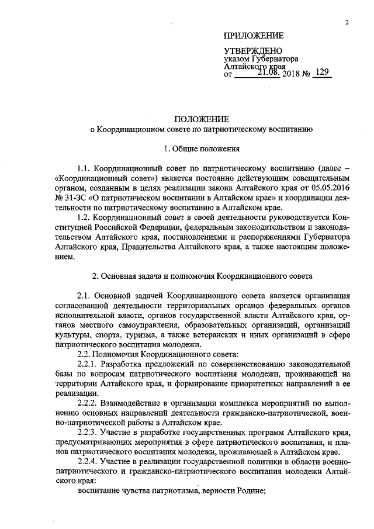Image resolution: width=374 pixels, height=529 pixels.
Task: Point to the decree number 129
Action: (322, 73)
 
